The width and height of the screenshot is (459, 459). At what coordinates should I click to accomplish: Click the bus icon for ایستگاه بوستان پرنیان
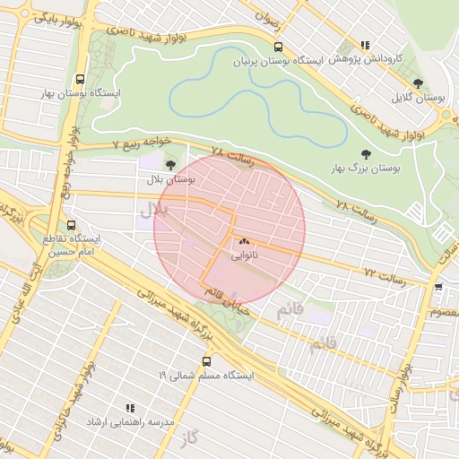pos(278,47)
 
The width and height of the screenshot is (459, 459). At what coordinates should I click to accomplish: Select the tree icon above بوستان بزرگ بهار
pos(365,153)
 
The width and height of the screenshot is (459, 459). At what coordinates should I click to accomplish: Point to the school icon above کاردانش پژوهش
pos(364,44)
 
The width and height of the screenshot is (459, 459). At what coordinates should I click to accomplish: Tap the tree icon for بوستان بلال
pos(171,164)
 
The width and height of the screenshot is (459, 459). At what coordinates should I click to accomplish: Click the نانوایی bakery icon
pos(244,241)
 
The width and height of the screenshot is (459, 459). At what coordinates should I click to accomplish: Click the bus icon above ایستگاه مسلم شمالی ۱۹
pos(207,361)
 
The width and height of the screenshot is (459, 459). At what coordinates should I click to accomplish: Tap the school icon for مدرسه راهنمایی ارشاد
pos(130,407)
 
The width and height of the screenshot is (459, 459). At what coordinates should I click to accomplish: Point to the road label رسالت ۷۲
pos(385,273)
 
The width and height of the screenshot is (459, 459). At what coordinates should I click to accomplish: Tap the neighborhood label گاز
pos(187,437)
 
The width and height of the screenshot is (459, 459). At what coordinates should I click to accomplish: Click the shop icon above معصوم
pos(437,287)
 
